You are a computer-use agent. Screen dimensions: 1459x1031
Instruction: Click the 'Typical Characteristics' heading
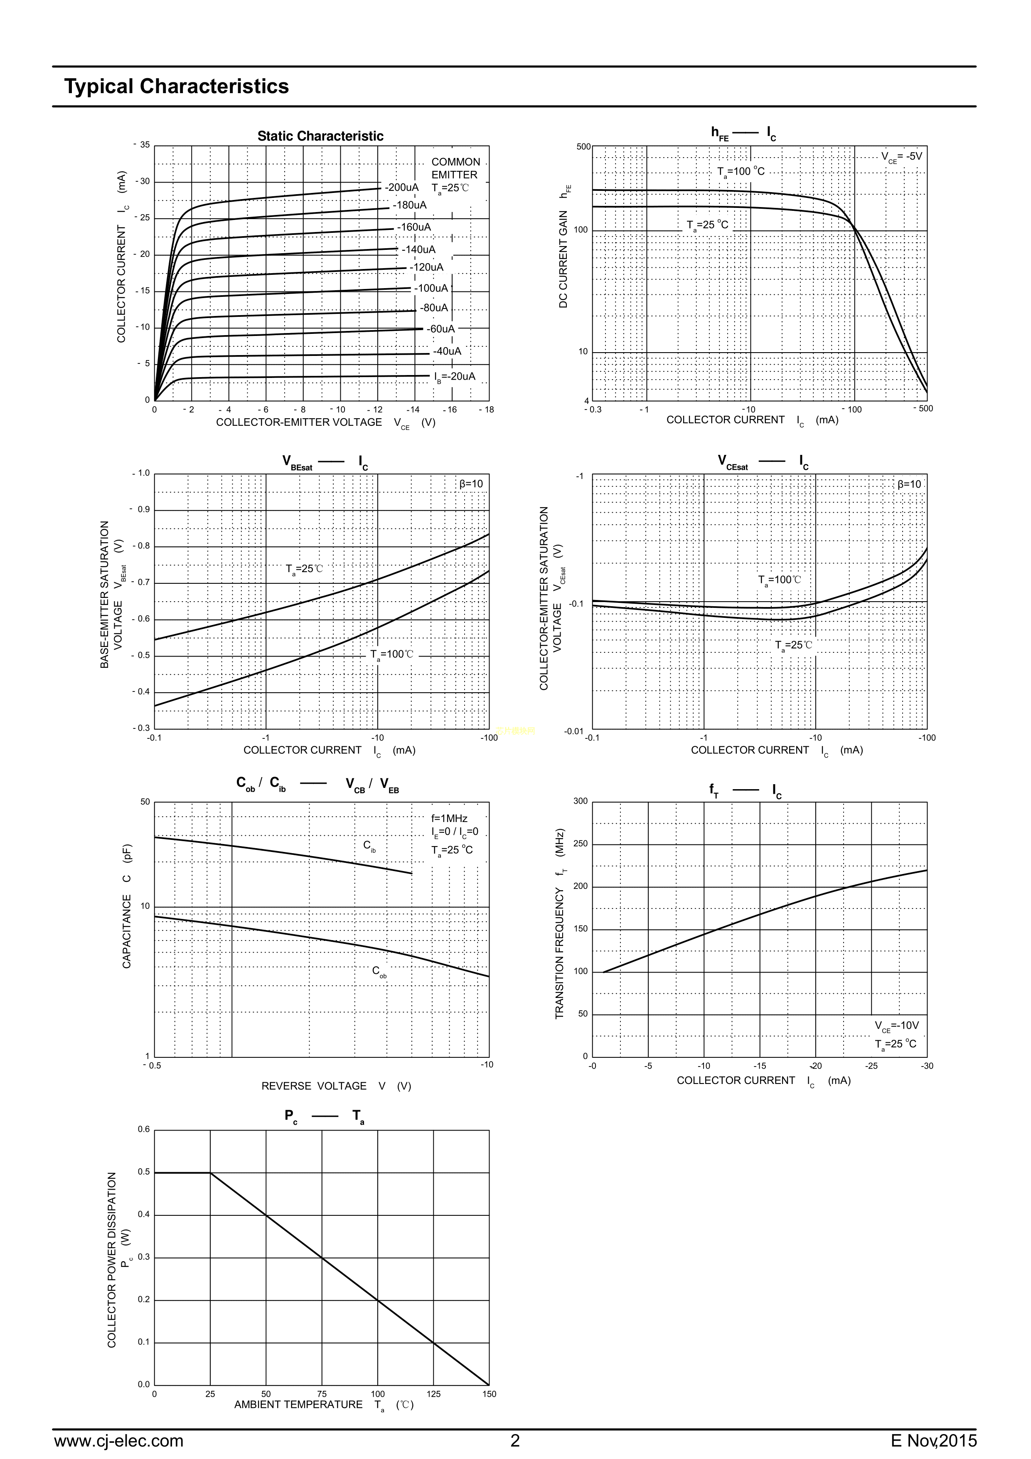[177, 86]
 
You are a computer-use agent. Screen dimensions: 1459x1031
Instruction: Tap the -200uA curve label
[401, 188]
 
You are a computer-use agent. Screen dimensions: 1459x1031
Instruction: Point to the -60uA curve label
[440, 329]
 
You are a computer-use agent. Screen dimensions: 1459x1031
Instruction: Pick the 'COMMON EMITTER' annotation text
[455, 168]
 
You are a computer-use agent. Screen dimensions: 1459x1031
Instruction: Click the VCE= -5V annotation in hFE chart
[901, 156]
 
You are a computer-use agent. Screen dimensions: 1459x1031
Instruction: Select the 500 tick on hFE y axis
[583, 147]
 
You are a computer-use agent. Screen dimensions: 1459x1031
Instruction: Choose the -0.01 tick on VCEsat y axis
[573, 731]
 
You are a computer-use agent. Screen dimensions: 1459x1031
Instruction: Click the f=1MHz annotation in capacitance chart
[449, 818]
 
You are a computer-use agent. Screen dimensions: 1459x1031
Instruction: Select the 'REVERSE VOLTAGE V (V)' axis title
[336, 1086]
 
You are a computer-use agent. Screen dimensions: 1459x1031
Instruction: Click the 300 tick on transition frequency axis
[581, 801]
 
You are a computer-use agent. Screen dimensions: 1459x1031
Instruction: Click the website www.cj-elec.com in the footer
[119, 1441]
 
